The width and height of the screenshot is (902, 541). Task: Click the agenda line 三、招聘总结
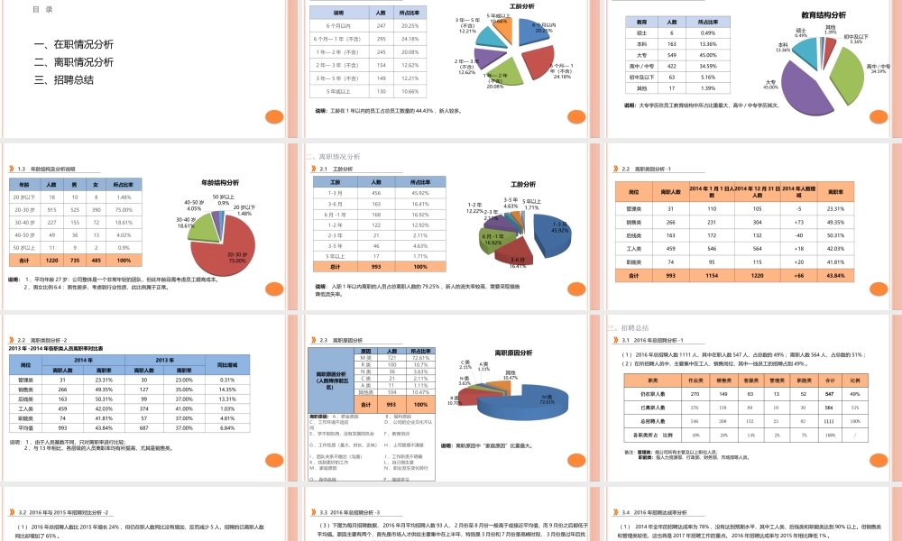[x=63, y=79]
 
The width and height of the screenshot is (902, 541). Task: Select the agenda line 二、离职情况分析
[x=73, y=62]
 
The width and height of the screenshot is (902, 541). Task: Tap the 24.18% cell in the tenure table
[x=409, y=39]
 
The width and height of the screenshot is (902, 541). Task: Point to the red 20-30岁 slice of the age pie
[x=239, y=243]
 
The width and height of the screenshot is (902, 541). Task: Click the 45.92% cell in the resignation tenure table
[x=420, y=193]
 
